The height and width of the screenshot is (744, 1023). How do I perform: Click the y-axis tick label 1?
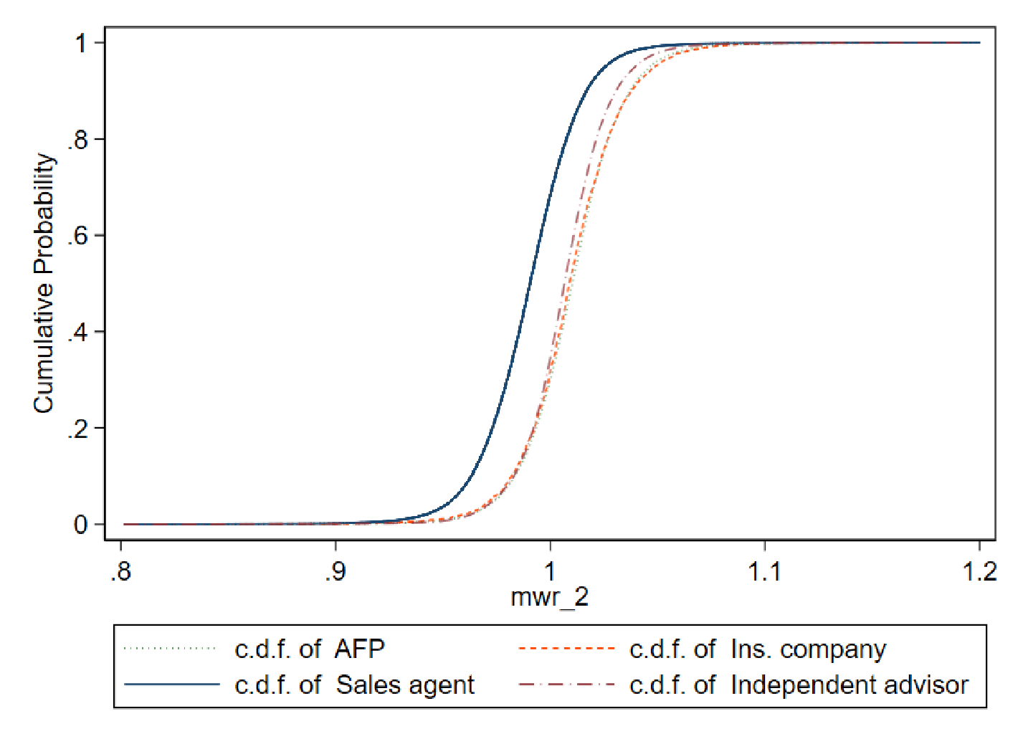point(81,43)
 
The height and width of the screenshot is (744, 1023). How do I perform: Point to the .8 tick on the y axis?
point(77,139)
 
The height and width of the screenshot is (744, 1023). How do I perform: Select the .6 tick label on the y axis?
point(77,236)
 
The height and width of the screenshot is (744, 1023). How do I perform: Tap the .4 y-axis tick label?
point(77,332)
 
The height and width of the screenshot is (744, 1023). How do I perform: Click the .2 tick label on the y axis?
point(77,429)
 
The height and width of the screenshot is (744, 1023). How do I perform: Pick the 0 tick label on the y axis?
point(81,525)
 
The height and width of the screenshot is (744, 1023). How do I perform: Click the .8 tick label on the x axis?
point(121,571)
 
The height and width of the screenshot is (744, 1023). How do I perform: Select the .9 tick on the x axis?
point(336,571)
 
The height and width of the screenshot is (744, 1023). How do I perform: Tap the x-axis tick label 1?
point(550,571)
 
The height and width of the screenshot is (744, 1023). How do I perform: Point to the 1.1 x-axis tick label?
point(764,571)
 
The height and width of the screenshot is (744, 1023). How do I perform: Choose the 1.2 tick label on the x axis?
point(979,571)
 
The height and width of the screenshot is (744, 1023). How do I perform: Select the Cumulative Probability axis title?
point(44,283)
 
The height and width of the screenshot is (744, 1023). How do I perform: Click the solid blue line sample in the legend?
point(172,685)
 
